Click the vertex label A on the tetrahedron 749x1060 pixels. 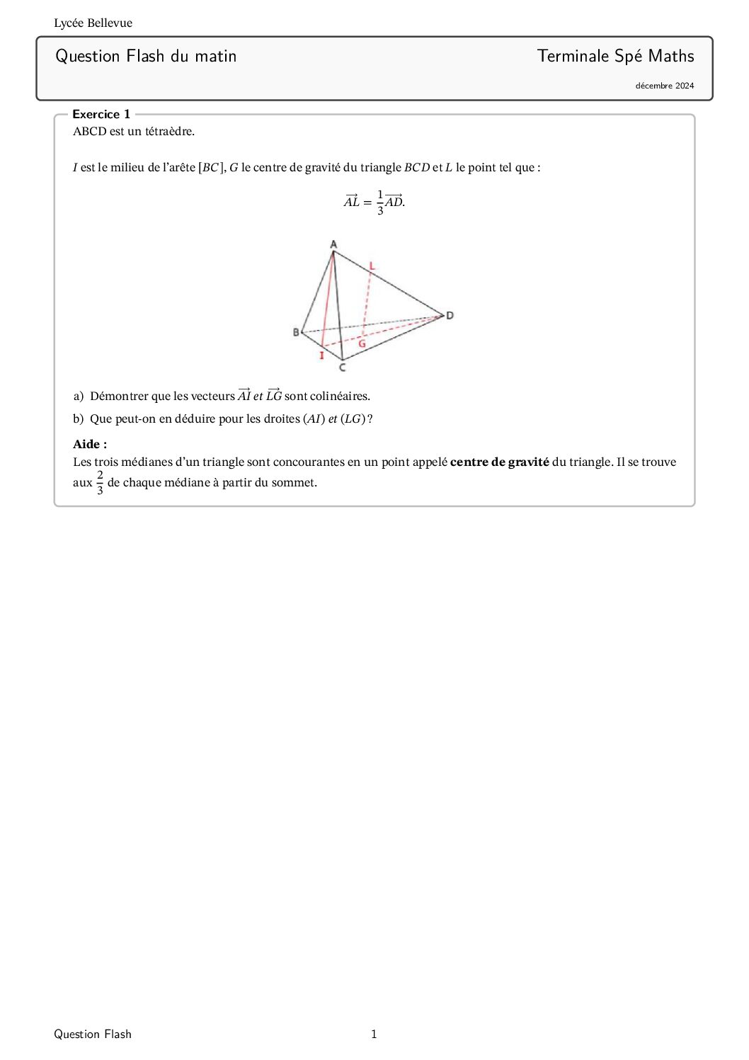(333, 245)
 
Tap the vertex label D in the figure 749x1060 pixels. (450, 315)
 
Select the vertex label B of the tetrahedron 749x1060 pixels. (296, 332)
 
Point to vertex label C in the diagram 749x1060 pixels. (343, 367)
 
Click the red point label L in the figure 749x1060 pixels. (372, 266)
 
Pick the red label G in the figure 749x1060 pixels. (362, 344)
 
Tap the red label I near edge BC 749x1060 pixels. (321, 355)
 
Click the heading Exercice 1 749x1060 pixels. (101, 114)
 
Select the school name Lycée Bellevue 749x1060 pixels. (93, 23)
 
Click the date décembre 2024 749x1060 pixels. (664, 86)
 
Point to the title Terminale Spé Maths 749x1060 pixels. (615, 56)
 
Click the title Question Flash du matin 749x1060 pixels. (146, 56)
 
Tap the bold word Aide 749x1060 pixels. (90, 445)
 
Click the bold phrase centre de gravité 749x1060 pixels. (499, 462)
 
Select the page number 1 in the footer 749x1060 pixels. (374, 1034)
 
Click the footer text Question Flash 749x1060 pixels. (93, 1034)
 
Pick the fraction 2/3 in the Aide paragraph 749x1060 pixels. (100, 482)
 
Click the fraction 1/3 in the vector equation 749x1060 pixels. (380, 202)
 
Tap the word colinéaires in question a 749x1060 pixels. (339, 397)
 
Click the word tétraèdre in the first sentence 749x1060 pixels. (169, 132)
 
